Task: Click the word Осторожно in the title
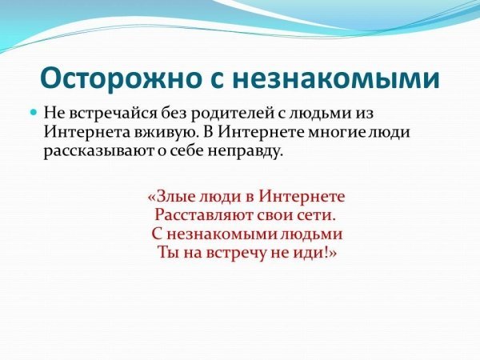(119, 79)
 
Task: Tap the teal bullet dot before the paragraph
(34, 113)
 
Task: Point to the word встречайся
(114, 114)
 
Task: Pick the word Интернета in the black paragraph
(87, 132)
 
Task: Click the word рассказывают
(98, 152)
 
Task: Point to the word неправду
(244, 152)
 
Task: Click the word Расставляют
(203, 215)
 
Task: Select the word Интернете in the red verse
(302, 196)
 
